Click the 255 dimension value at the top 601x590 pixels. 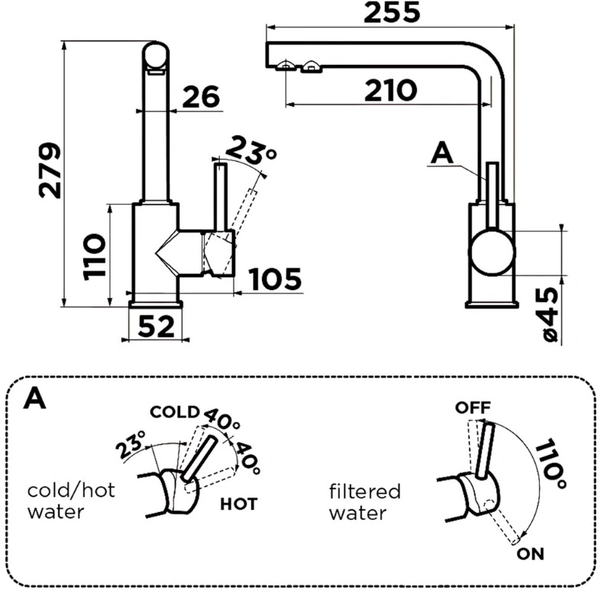392,12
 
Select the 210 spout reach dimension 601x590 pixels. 390,90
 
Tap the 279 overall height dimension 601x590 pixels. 50,170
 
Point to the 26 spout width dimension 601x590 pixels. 202,96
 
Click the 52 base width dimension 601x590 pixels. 156,327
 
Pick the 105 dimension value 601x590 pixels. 275,279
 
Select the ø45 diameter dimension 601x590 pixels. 547,314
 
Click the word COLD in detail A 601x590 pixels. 175,412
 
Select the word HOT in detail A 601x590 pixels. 238,505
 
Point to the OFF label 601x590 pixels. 473,408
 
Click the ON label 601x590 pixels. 531,553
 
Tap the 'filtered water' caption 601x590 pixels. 365,502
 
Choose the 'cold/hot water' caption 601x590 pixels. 71,501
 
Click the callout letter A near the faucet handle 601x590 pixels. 442,154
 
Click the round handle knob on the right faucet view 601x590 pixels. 493,252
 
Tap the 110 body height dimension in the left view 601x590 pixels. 94,256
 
